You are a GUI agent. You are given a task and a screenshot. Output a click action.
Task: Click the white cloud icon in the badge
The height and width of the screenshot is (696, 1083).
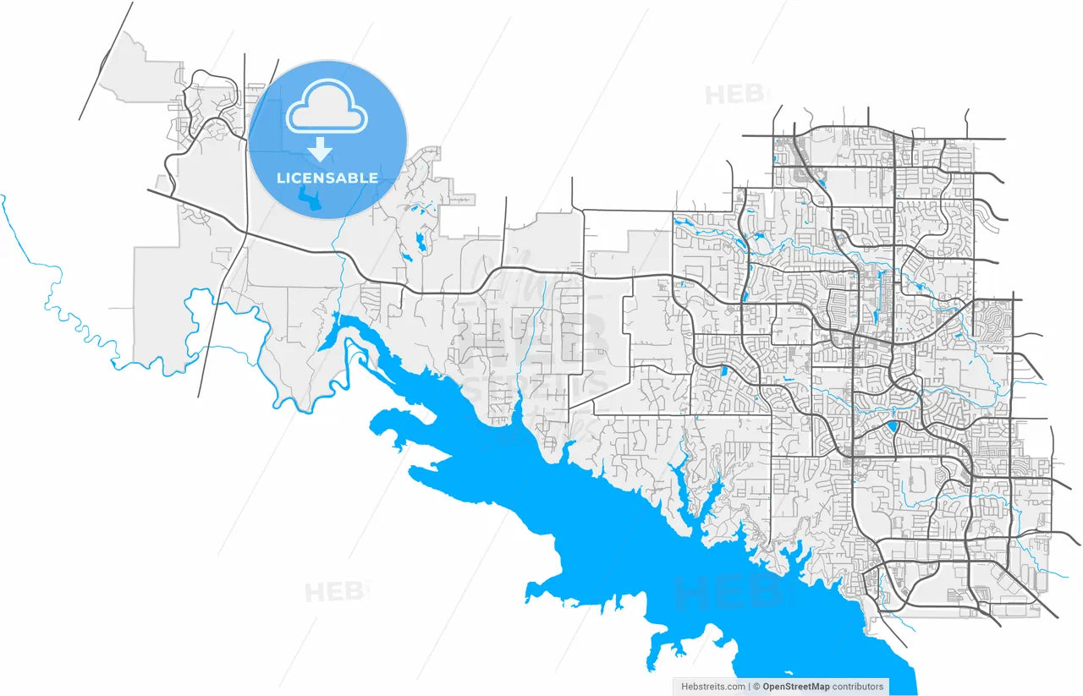tap(327, 107)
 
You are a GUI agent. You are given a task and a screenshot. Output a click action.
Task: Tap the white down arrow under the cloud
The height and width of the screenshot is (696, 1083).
tap(320, 151)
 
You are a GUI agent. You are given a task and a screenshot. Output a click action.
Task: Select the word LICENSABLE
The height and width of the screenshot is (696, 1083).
tap(327, 178)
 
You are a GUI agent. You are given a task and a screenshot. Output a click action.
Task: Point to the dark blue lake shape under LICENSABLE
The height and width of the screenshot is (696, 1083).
tap(310, 200)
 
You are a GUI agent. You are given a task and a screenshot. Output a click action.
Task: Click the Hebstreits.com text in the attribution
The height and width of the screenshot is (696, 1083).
tap(713, 687)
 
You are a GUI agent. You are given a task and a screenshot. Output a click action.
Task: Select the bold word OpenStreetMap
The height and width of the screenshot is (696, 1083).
tap(795, 687)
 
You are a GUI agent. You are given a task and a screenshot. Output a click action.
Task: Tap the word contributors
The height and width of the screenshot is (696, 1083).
tap(858, 687)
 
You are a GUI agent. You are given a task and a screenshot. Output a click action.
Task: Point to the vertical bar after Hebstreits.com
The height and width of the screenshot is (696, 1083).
tap(750, 687)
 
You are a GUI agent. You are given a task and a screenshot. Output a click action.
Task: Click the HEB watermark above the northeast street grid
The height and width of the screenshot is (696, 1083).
tap(734, 94)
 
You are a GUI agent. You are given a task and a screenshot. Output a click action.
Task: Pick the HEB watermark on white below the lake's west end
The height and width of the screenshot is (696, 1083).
tap(335, 591)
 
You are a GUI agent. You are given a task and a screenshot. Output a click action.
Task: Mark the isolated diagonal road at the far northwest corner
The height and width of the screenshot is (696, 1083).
tap(106, 61)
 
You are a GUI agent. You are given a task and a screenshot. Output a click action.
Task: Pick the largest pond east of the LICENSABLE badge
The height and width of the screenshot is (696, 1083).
tap(421, 244)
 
